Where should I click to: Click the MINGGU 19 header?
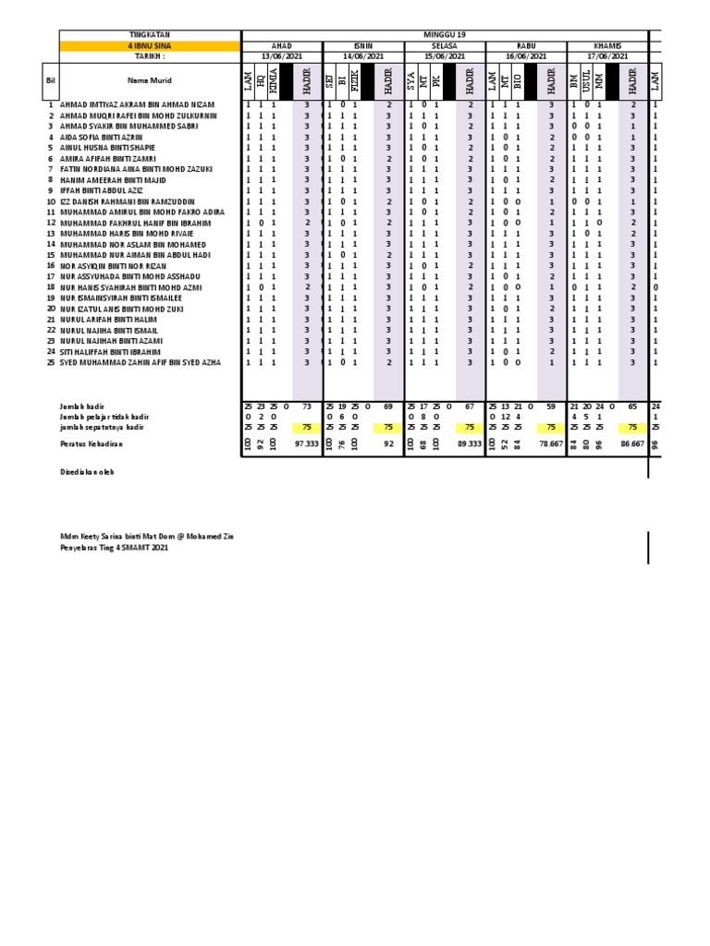pyautogui.click(x=445, y=34)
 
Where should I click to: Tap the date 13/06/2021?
pyautogui.click(x=281, y=55)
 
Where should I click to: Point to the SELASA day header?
pyautogui.click(x=445, y=45)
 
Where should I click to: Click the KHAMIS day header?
pyautogui.click(x=607, y=45)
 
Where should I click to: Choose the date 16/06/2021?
pyautogui.click(x=526, y=55)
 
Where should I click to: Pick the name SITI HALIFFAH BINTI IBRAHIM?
pyautogui.click(x=110, y=352)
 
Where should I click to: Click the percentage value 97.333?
pyautogui.click(x=305, y=444)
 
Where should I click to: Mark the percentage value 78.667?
pyautogui.click(x=550, y=444)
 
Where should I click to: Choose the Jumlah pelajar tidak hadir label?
pyautogui.click(x=104, y=417)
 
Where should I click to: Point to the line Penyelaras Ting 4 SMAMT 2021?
pyautogui.click(x=115, y=548)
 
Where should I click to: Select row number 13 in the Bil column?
pyautogui.click(x=51, y=234)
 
